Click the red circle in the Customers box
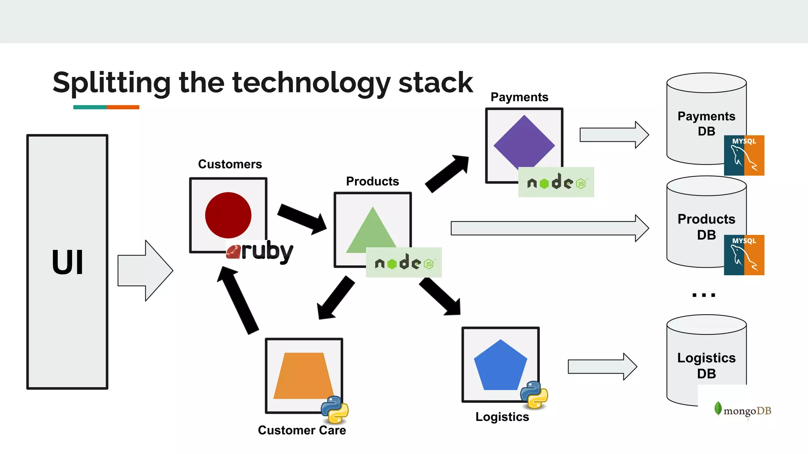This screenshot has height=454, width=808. pos(228,215)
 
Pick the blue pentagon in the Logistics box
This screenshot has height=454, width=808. pos(500,367)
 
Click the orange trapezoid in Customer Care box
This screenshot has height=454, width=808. pos(303,376)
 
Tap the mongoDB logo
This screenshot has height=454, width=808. pos(743,410)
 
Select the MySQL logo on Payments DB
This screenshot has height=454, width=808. pos(744,155)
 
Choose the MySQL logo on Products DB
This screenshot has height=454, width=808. pos(744,255)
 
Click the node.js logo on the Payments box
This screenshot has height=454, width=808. pos(556,182)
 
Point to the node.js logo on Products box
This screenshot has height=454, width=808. pos(404,262)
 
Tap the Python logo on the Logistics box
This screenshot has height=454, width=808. pos(534,394)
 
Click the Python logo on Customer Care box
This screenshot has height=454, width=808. pos(335,409)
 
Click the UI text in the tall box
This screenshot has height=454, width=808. pos(67,262)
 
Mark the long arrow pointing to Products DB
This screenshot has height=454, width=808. pos(548,228)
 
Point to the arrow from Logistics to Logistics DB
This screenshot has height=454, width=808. pos(602,367)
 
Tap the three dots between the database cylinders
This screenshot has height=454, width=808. pos(703,295)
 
